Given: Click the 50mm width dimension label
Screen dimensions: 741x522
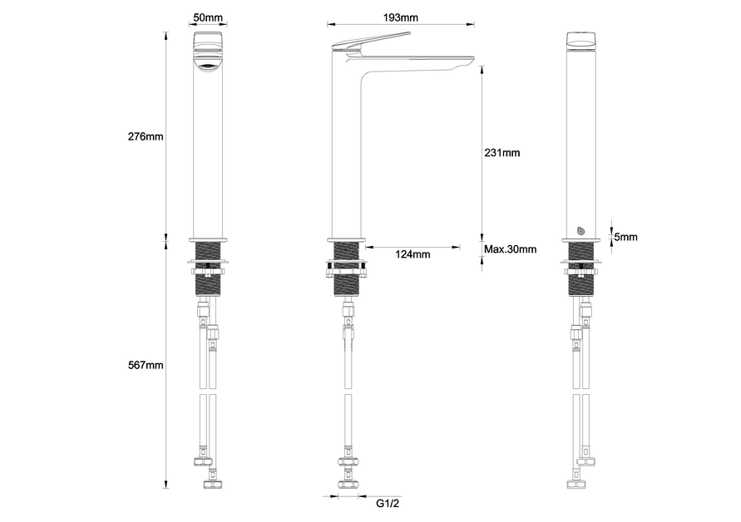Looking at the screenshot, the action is pyautogui.click(x=208, y=17).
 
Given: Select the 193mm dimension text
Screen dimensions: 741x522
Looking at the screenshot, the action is pyautogui.click(x=400, y=17).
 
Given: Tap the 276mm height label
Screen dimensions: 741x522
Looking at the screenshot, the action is pyautogui.click(x=146, y=136).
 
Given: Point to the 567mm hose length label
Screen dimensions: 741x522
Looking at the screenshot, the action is pyautogui.click(x=146, y=365).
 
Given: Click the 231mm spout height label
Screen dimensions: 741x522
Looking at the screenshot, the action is pyautogui.click(x=501, y=153).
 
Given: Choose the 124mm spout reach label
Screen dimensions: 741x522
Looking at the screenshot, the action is pyautogui.click(x=412, y=254).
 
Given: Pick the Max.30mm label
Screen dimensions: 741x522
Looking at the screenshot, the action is pyautogui.click(x=511, y=249).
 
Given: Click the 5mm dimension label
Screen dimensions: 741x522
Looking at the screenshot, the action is pyautogui.click(x=625, y=237).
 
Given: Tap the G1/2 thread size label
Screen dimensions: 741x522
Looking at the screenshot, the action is pyautogui.click(x=388, y=503).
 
